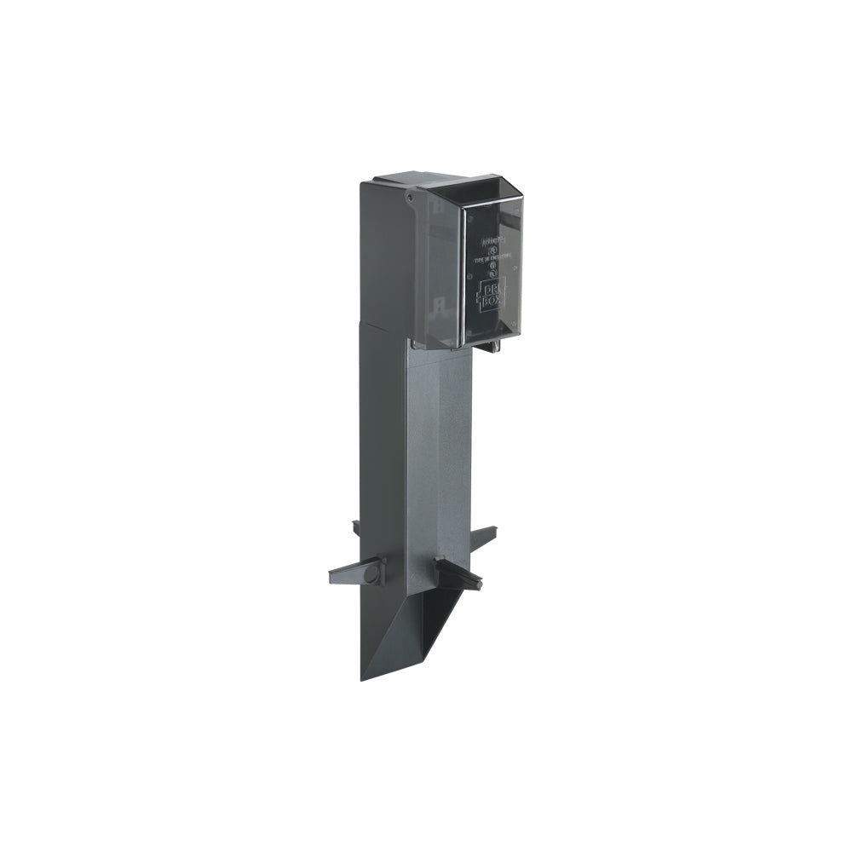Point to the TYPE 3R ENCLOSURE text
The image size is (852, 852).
coord(492,253)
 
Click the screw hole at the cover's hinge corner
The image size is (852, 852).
coord(410,197)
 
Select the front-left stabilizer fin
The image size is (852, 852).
coord(356,573)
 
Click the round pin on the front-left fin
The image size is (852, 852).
coord(371,574)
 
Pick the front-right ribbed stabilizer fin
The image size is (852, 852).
coord(458,574)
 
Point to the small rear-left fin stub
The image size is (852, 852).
coord(356,528)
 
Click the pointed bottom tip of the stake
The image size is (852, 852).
coord(363,678)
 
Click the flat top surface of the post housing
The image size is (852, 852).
coord(400,180)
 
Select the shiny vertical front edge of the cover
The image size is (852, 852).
coord(463,273)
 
